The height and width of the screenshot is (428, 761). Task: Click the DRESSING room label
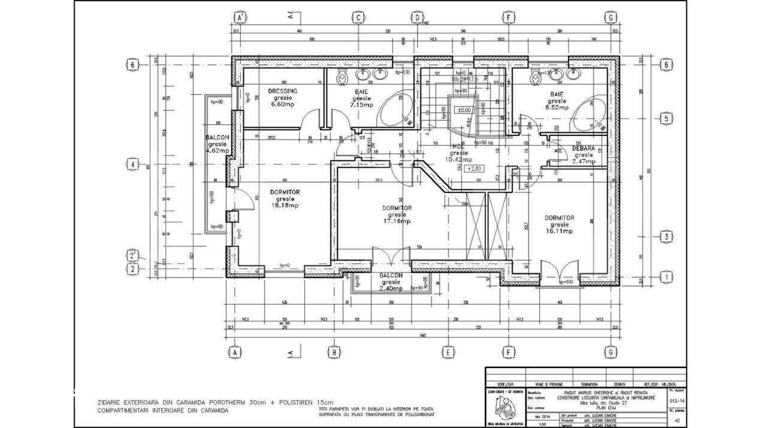tap(282, 91)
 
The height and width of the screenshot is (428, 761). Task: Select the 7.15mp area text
tap(361, 104)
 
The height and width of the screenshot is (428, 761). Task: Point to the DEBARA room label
tap(582, 147)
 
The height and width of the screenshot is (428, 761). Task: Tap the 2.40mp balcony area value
tap(391, 288)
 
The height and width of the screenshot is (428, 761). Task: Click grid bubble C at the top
tap(358, 17)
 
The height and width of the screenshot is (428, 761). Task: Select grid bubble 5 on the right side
tap(665, 119)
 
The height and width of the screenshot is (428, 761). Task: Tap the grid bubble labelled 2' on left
tap(133, 256)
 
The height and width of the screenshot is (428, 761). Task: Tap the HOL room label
tap(458, 146)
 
